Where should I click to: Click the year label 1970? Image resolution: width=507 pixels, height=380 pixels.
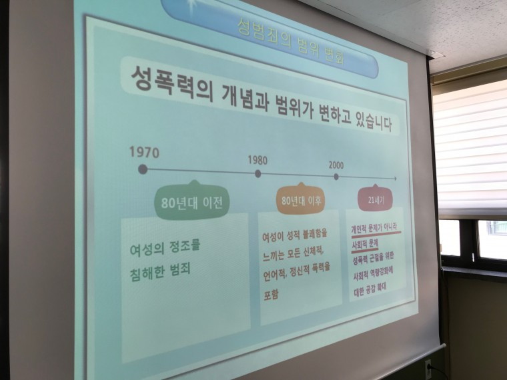(x=144, y=152)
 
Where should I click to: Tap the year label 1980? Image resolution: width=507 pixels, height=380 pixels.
(x=257, y=160)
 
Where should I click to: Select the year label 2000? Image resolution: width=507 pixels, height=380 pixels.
(x=336, y=165)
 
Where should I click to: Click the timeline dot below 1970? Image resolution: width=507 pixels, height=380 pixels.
(x=142, y=169)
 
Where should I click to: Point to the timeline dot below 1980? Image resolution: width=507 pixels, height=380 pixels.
(x=258, y=174)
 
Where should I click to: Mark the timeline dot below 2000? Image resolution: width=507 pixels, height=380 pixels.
(x=336, y=177)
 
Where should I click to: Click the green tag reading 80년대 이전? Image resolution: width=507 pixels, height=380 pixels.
(x=192, y=202)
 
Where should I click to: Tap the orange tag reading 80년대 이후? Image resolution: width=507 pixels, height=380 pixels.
(x=302, y=201)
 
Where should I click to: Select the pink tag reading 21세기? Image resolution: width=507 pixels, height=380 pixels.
(x=371, y=199)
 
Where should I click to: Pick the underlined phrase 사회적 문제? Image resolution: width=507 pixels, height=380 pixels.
(x=365, y=245)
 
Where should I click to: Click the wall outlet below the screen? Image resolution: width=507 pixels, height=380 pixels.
(x=428, y=365)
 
